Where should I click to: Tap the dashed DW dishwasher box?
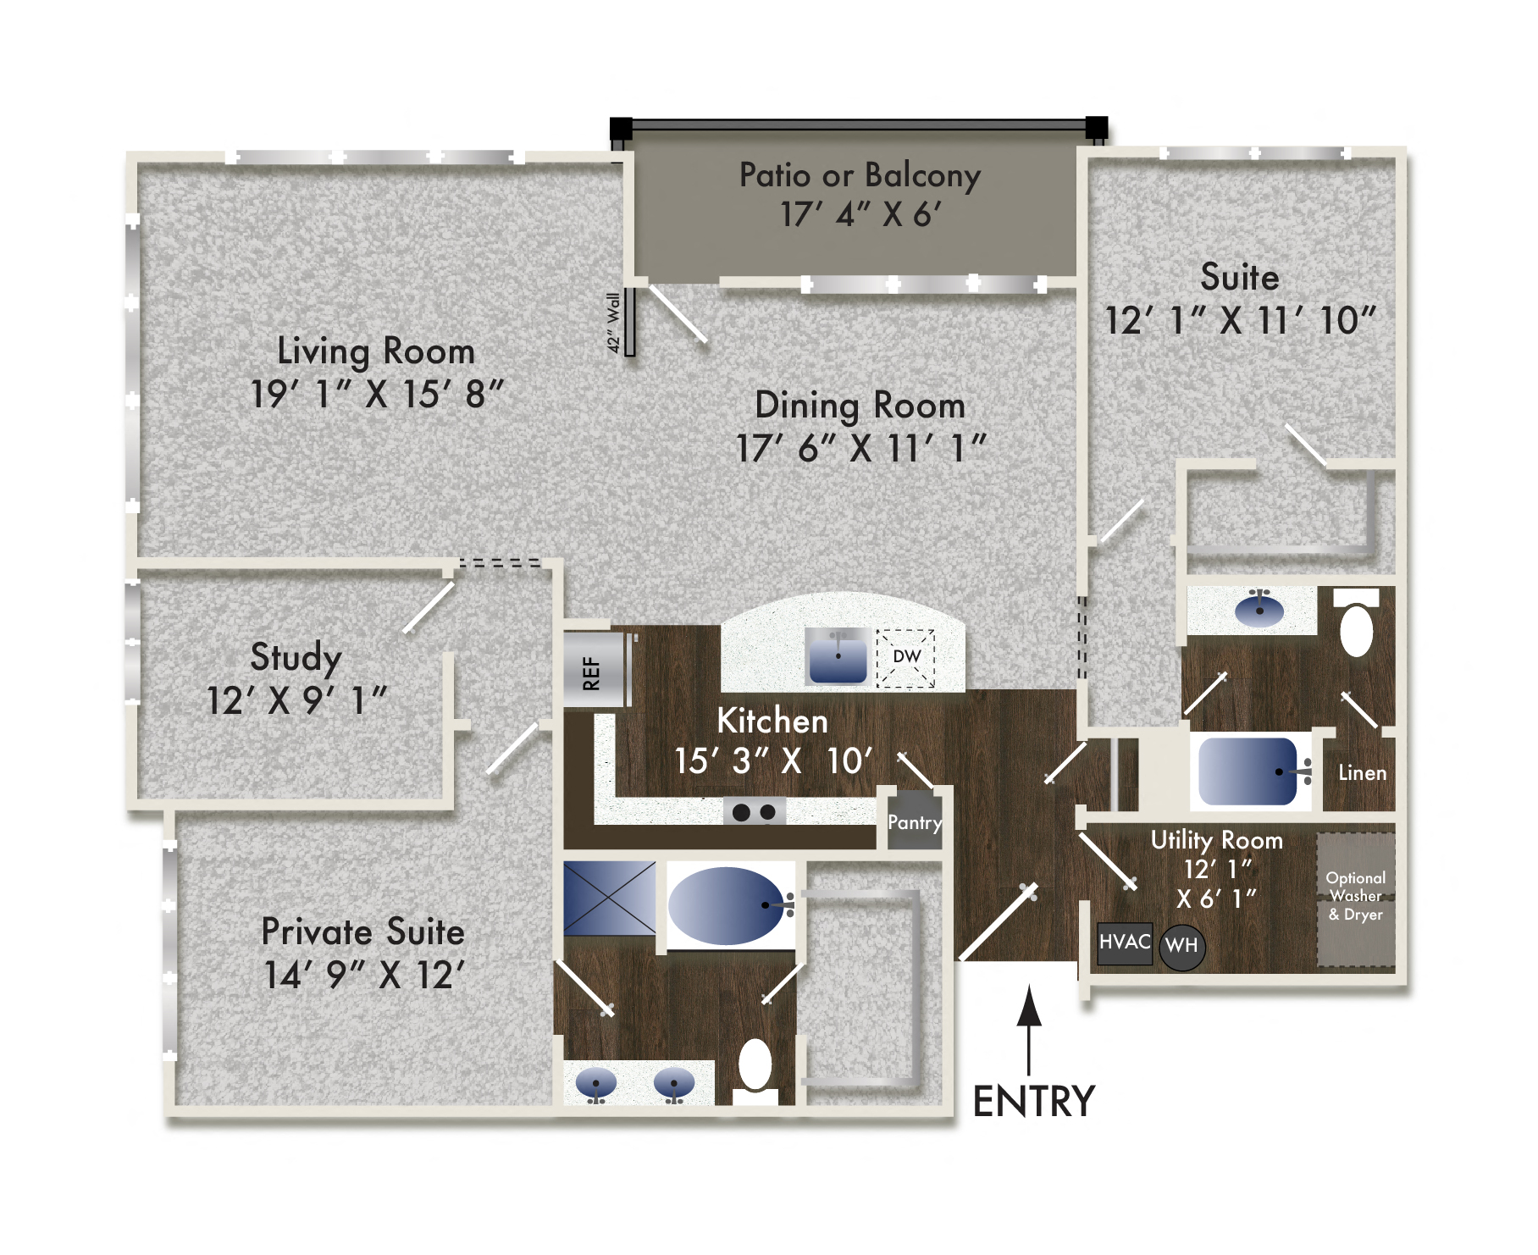tap(906, 658)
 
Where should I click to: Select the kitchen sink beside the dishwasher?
tap(838, 656)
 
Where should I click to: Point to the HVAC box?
tap(1124, 943)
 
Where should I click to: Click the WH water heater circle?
tap(1181, 945)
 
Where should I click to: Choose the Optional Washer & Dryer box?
tap(1355, 898)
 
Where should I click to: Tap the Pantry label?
tap(915, 822)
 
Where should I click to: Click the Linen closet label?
tap(1362, 772)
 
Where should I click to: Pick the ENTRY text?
tap(1033, 1102)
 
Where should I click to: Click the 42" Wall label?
tap(614, 323)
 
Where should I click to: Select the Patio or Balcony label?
tap(860, 175)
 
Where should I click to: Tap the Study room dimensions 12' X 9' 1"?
tap(296, 701)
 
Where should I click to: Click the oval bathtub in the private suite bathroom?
tap(727, 905)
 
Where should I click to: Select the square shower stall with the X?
tap(609, 898)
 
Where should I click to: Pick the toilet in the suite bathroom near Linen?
tap(1356, 627)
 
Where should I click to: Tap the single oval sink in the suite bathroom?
tap(1259, 609)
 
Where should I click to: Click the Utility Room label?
tap(1216, 840)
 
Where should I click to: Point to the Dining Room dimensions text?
tap(860, 449)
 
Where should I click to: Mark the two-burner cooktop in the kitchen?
tap(754, 812)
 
